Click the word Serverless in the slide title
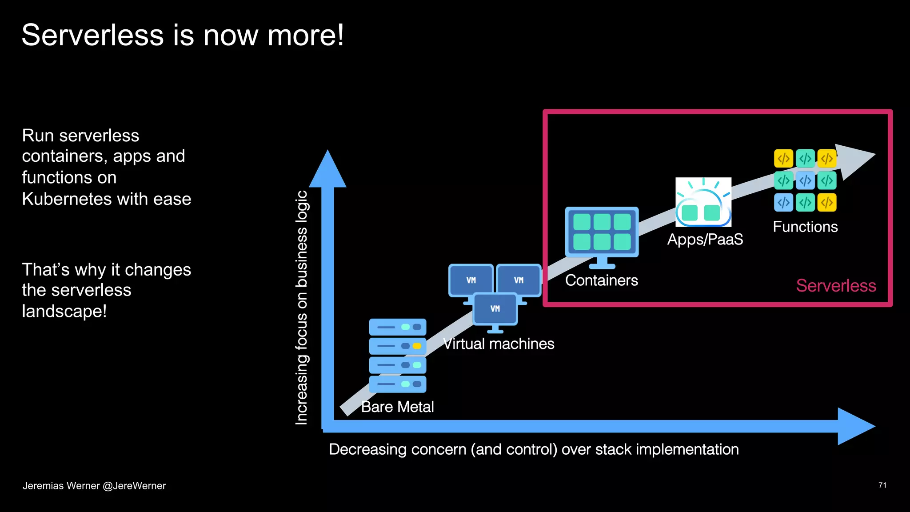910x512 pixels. pos(92,36)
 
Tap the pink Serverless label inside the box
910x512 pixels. pos(835,286)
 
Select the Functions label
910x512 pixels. pos(805,227)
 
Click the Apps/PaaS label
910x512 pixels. pos(705,240)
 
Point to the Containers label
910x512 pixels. pos(601,280)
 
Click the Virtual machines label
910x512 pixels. pos(499,344)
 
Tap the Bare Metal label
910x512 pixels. pos(397,407)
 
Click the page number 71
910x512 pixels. pos(882,485)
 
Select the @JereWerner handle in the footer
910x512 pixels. pos(134,486)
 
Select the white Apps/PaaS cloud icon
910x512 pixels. pos(703,202)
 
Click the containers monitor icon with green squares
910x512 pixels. pos(602,232)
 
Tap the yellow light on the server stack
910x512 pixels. pos(417,346)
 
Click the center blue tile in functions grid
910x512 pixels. pos(805,180)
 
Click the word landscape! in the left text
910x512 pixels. pos(64,311)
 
